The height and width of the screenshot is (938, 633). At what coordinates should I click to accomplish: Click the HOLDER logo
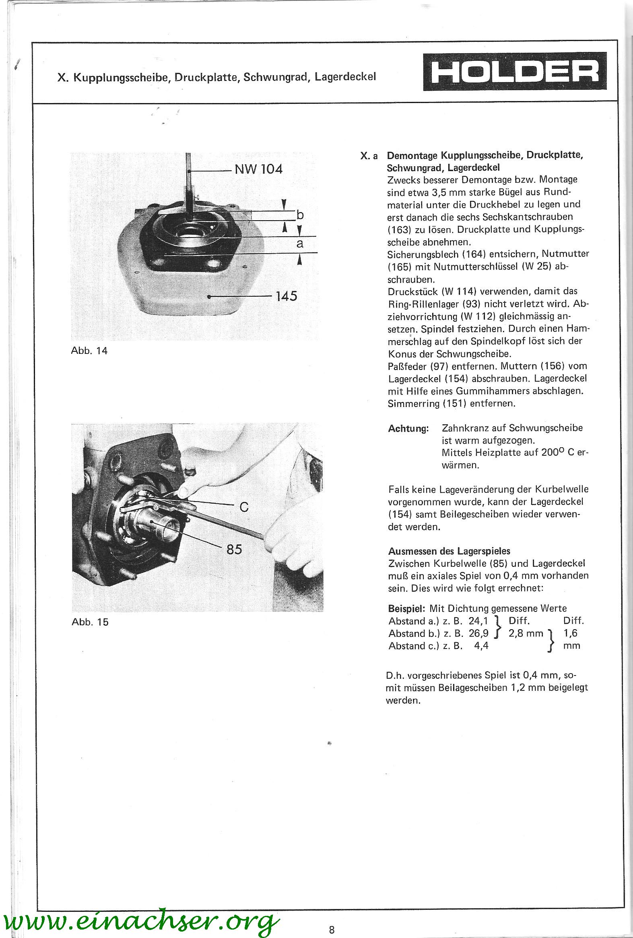click(x=514, y=71)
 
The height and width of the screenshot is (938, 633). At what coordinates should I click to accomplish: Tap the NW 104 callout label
click(x=259, y=169)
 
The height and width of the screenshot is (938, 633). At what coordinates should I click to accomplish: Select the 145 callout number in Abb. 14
click(x=286, y=296)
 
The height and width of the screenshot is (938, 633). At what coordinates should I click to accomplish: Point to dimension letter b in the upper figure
click(x=300, y=215)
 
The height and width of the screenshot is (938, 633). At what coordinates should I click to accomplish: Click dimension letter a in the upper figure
click(x=300, y=244)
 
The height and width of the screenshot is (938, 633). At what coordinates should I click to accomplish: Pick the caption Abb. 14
click(x=89, y=351)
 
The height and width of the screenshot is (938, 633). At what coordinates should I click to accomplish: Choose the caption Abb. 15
click(x=90, y=622)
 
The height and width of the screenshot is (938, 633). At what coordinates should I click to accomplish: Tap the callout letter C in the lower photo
click(x=244, y=507)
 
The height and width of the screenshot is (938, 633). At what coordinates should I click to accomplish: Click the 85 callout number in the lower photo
click(x=234, y=550)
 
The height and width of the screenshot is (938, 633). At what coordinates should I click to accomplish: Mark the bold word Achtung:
click(x=408, y=429)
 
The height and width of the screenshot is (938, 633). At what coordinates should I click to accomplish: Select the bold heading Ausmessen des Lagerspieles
click(x=449, y=551)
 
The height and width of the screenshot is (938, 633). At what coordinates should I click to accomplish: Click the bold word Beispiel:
click(x=407, y=608)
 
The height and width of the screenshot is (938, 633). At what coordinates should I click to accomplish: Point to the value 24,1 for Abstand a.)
click(x=478, y=621)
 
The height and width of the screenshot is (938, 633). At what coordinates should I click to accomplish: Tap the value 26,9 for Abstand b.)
click(x=478, y=633)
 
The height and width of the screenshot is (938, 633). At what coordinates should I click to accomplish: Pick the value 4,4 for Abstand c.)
click(x=481, y=646)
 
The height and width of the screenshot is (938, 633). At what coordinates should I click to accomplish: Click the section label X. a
click(x=369, y=156)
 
